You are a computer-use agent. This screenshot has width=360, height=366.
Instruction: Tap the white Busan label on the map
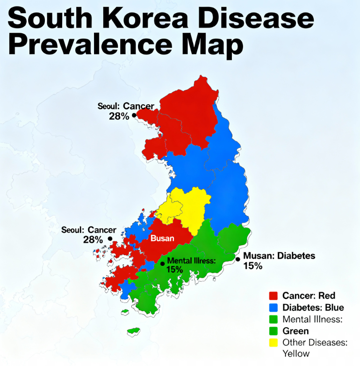click(x=162, y=238)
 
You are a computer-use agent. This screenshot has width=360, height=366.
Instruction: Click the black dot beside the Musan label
click(x=238, y=259)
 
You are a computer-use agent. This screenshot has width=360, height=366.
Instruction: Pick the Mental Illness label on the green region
click(x=191, y=261)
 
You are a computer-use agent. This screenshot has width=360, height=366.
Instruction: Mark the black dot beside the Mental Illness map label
click(x=162, y=264)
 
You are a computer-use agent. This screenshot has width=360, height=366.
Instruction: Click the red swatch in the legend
click(x=274, y=296)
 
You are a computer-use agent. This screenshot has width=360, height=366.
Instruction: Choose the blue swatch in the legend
click(x=274, y=307)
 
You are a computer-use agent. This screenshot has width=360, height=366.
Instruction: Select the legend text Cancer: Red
click(x=309, y=296)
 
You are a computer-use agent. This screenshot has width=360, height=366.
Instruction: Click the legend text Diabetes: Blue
click(x=313, y=307)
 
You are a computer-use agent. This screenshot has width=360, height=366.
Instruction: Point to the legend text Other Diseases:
click(x=315, y=343)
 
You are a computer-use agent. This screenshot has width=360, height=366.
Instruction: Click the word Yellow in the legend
click(x=296, y=354)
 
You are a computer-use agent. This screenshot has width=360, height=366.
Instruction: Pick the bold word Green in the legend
click(x=295, y=331)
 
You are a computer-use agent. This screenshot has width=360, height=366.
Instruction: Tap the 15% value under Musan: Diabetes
click(x=252, y=266)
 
